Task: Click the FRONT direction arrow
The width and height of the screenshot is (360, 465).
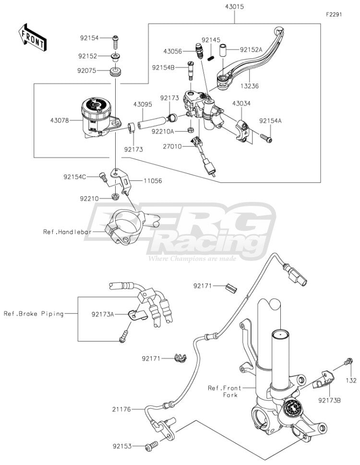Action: point(32,37)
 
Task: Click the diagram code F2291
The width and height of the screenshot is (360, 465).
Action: point(334,14)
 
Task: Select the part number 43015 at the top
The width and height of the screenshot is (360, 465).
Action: point(234,7)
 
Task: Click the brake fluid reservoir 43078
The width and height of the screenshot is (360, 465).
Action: point(98,117)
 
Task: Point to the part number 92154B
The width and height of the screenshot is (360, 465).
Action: point(163,68)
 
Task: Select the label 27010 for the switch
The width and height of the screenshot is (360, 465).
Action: point(172,146)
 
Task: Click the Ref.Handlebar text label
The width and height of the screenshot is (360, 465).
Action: point(67,232)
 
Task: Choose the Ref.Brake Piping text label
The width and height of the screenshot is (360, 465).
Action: point(34,314)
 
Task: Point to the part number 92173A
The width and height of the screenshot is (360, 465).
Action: point(103,314)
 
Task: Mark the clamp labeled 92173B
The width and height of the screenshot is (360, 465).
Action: point(323,380)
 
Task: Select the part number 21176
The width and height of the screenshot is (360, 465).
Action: point(121,409)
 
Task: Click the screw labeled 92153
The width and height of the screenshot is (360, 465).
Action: point(152,446)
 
